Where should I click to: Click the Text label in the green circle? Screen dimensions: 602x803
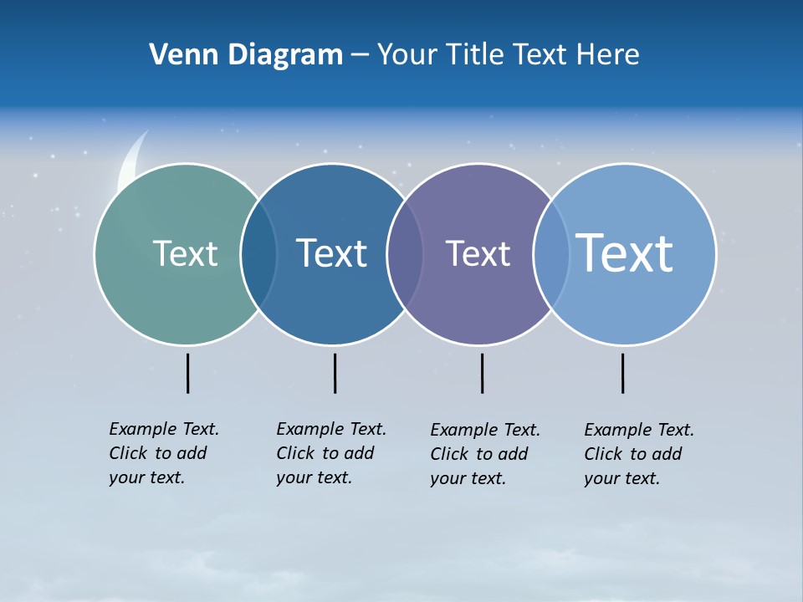coord(185,253)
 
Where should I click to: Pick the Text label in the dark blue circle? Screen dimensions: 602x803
coord(331,253)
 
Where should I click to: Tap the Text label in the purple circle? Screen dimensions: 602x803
coord(478,253)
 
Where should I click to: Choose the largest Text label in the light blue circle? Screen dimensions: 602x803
coord(625,253)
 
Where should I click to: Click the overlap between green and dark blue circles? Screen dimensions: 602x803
coord(258,254)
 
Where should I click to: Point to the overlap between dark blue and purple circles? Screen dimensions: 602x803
coord(405,254)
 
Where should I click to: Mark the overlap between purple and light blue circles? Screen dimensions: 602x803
coord(550,254)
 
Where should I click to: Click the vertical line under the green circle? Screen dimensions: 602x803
coord(187,373)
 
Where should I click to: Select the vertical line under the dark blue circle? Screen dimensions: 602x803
coord(335,373)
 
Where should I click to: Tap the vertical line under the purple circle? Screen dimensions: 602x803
coord(482,373)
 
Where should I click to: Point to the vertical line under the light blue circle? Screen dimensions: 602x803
coord(622,373)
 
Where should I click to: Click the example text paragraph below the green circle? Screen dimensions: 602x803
coord(163,453)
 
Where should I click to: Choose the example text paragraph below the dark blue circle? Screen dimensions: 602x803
coord(330,453)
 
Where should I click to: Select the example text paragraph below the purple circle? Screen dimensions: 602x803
coord(484,454)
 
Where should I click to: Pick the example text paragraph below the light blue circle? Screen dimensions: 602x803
coord(638,454)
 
